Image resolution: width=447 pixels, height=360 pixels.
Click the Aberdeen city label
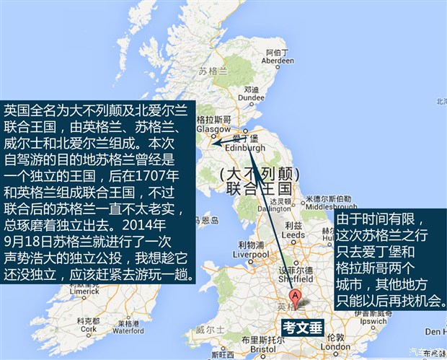(x=279, y=61)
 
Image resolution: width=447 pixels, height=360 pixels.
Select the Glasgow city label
(x=211, y=130)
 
